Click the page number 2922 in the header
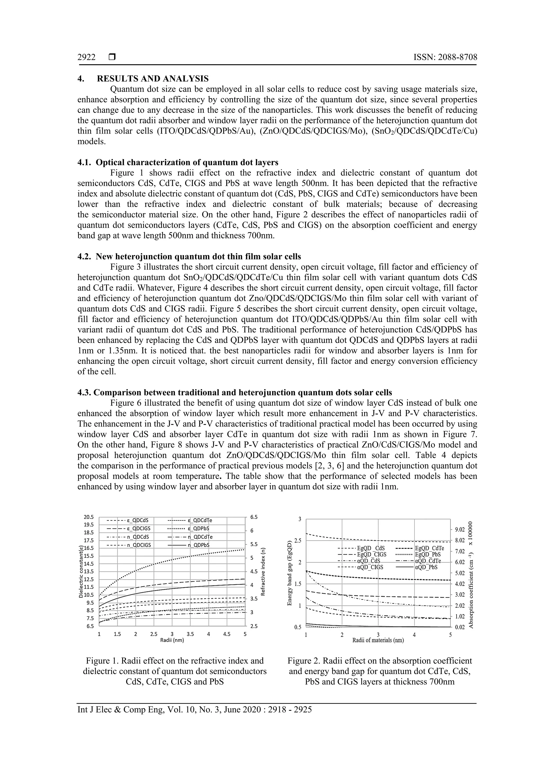(87, 57)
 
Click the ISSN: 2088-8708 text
(445, 57)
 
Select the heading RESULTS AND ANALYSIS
(152, 79)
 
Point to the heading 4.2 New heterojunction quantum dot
(189, 257)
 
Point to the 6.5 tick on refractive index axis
(254, 517)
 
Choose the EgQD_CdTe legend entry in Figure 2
(429, 548)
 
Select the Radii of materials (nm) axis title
(378, 641)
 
